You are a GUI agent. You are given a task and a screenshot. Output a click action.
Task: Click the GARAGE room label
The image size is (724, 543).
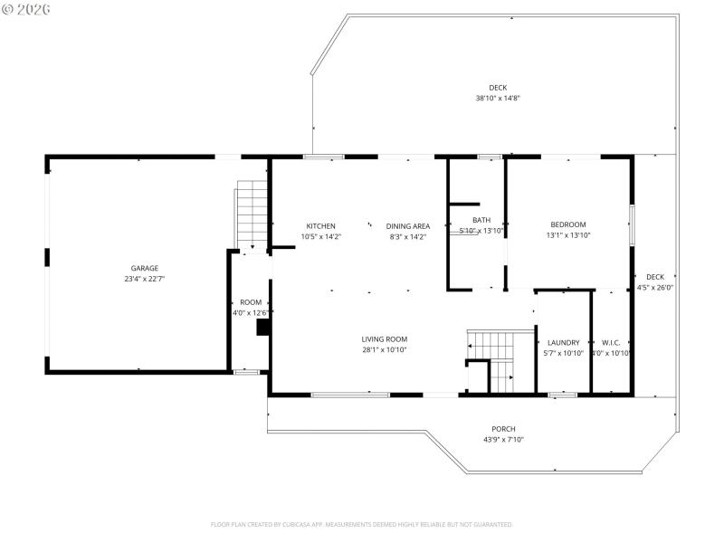point(145,268)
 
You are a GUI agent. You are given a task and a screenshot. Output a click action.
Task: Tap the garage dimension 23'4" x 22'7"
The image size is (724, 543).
point(145,280)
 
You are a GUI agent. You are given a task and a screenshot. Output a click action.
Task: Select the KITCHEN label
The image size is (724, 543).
point(320,225)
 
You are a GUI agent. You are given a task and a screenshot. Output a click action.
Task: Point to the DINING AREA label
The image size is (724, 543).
point(407,225)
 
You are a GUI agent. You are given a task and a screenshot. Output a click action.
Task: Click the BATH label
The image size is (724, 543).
point(481,220)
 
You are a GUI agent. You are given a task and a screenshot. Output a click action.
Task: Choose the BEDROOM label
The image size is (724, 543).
point(568,224)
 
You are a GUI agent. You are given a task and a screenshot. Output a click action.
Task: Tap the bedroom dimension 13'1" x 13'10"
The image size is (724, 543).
point(568,235)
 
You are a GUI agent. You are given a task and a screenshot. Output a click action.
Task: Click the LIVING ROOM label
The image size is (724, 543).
point(385,338)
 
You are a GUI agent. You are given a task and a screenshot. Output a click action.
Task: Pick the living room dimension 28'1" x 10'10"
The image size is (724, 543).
point(385,349)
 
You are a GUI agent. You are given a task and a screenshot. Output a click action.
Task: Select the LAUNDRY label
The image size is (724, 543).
point(563,342)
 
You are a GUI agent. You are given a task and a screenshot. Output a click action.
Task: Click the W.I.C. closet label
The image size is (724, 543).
point(611,342)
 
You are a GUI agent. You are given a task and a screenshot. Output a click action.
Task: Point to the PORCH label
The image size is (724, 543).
point(503,429)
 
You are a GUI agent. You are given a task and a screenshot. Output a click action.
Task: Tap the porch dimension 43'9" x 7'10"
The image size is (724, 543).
point(503,440)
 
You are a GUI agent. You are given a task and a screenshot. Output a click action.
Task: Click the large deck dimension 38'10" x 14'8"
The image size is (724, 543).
point(498,99)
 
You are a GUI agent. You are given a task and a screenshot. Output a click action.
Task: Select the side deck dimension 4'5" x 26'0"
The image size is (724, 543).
point(655,288)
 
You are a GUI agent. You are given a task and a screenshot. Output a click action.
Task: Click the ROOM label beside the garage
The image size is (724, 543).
point(251,302)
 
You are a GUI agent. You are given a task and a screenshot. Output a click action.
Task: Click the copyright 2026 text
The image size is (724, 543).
point(26,8)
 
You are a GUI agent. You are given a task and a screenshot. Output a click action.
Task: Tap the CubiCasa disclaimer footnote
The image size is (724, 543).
point(362,524)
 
